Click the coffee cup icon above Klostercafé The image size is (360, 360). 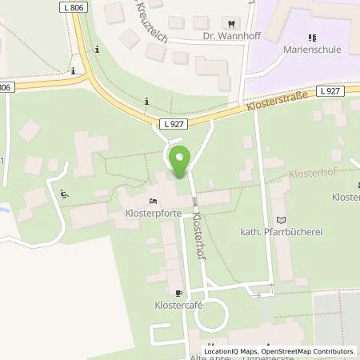tap(178, 294)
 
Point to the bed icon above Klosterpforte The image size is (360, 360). tap(153, 201)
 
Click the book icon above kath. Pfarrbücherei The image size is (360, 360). tap(279, 219)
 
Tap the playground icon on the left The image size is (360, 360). tap(64, 192)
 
